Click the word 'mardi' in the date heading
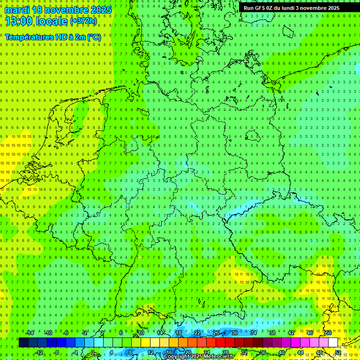[16, 10]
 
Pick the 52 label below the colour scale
[338, 352]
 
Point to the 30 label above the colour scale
[234, 333]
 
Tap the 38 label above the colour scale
[272, 333]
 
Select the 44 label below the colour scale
[300, 352]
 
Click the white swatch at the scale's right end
[333, 343]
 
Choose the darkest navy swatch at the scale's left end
[23, 343]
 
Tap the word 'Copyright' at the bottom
[177, 357]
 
